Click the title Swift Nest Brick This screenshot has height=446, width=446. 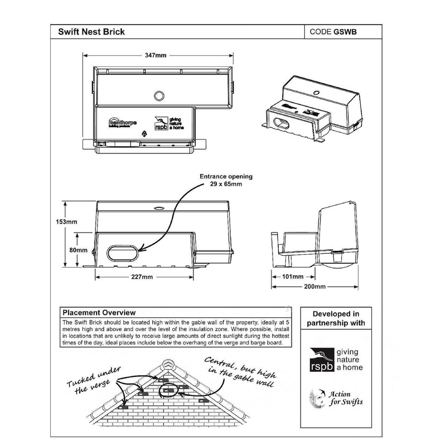point(91,32)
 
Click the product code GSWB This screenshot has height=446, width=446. point(333,32)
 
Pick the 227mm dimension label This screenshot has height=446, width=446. point(143,277)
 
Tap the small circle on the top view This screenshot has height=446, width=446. point(159,95)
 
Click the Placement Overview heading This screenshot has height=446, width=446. point(99,313)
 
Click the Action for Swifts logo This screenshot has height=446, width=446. point(334,399)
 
